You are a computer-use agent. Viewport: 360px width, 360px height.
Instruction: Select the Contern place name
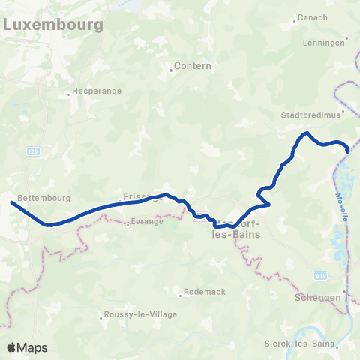(x=192, y=66)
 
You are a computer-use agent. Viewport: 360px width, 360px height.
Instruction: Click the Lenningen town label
(x=324, y=43)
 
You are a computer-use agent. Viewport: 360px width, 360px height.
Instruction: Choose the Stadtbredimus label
(x=310, y=115)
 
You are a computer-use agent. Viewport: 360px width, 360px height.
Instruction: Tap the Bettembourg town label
(x=46, y=198)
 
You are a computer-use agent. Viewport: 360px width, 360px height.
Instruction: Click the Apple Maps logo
(x=27, y=347)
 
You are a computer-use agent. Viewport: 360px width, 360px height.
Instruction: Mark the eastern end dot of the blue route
(x=348, y=150)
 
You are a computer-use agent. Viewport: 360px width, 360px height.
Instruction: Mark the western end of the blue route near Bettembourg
(x=12, y=202)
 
